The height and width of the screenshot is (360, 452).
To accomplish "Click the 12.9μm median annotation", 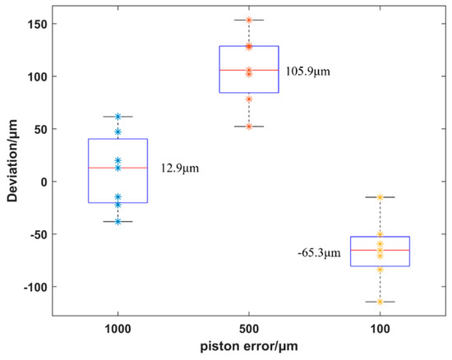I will click(180, 168).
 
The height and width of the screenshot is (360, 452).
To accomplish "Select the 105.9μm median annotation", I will click(308, 71).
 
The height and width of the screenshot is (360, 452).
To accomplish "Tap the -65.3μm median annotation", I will click(319, 254).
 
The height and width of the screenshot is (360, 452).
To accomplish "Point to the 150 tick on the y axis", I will click(36, 24).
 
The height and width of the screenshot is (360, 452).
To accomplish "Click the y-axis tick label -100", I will click(34, 287).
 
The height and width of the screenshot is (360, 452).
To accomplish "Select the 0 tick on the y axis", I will click(42, 182).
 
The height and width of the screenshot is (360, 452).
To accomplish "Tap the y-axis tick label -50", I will click(36, 234).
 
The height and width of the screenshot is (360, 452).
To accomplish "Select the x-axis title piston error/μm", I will click(249, 348).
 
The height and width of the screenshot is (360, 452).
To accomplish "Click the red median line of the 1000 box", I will click(118, 168).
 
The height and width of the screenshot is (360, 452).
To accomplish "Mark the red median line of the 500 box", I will click(249, 70).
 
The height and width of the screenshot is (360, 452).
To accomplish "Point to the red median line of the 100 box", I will click(380, 250).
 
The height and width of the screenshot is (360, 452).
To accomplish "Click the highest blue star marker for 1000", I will click(118, 117).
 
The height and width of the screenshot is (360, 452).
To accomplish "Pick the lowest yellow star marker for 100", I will click(380, 302).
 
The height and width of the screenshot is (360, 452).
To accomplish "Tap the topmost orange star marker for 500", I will click(249, 20).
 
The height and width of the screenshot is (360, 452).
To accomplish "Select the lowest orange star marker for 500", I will click(249, 127).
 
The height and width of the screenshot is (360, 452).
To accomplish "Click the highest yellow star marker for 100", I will click(380, 197).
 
